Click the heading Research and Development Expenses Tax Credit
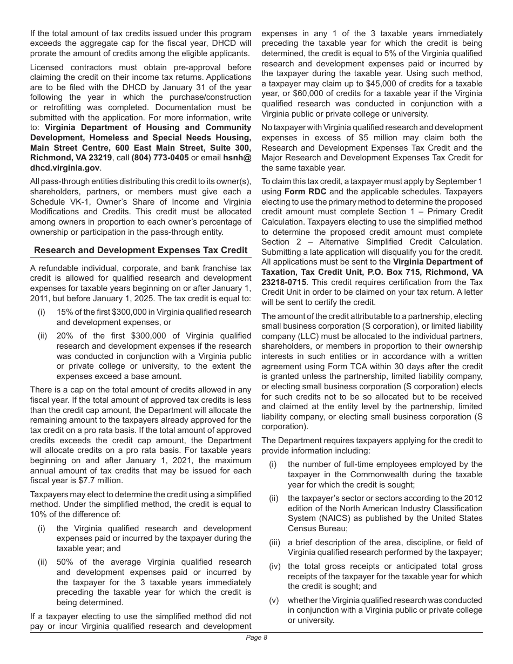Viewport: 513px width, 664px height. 140,250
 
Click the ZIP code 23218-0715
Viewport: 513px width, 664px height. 283,282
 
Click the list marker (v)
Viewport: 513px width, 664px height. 274,600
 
